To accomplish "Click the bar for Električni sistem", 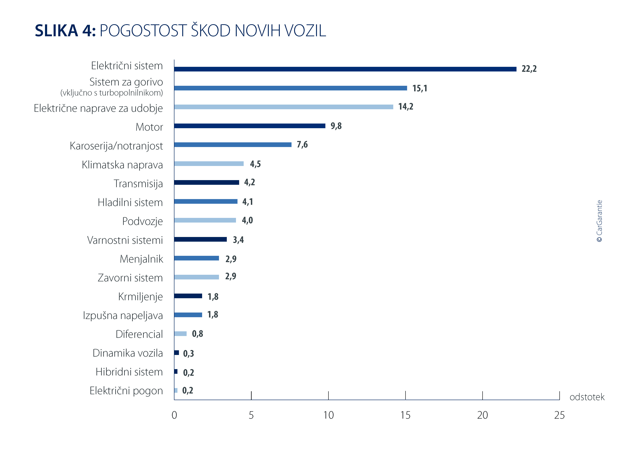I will click(x=345, y=69).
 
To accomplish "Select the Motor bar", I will click(x=250, y=126).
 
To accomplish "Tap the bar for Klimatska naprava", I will click(x=209, y=164).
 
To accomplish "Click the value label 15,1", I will click(x=420, y=88).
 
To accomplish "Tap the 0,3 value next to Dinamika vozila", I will click(x=188, y=353).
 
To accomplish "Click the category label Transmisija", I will click(x=138, y=184).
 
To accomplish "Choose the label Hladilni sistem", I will click(x=130, y=203).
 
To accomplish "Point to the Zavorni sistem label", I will click(x=130, y=278).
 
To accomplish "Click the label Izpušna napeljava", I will click(x=123, y=316).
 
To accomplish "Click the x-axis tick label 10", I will click(x=328, y=415).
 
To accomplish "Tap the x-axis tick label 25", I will click(x=559, y=415).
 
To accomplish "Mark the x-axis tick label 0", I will click(x=174, y=415).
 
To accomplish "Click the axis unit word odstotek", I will click(x=587, y=397).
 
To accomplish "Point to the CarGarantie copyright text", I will click(x=599, y=221).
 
